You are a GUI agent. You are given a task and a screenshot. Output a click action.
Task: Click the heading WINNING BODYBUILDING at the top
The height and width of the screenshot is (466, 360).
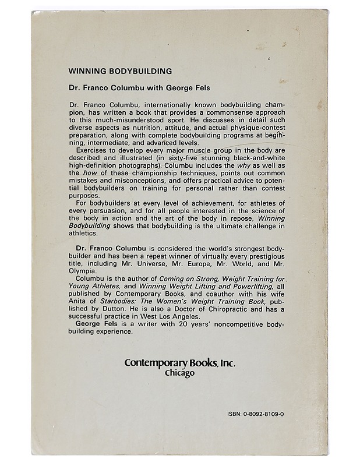(x=119, y=72)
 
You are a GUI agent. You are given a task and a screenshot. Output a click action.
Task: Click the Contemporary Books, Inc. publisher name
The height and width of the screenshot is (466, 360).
(x=180, y=362)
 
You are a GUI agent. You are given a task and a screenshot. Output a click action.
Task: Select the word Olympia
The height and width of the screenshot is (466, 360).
(x=83, y=270)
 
